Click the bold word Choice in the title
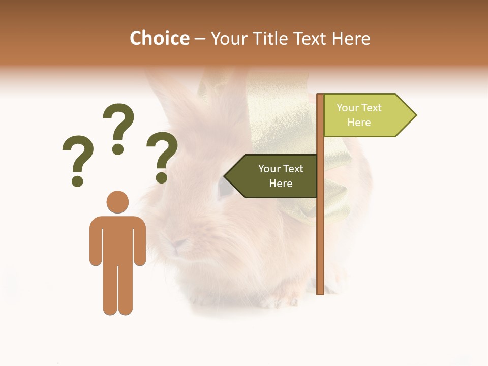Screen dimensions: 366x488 (159, 38)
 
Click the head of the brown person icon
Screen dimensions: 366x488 (117, 201)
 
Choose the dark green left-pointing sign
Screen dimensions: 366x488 (274, 176)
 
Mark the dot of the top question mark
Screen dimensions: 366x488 (118, 149)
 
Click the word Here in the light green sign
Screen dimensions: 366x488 (359, 123)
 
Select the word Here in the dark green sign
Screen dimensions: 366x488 (281, 184)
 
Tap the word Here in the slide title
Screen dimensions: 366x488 (351, 38)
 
